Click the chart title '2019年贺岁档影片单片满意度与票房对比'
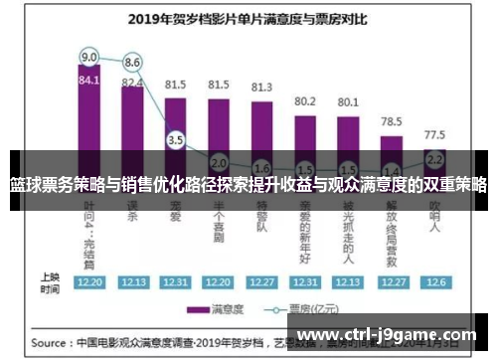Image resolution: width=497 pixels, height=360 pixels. coord(248,17)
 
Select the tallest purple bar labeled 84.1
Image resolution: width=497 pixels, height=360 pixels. coord(88,119)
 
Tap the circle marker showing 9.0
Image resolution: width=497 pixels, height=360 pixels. coord(88,57)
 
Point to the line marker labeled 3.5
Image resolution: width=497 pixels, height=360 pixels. coord(176,140)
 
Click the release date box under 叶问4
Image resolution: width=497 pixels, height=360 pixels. coord(88,282)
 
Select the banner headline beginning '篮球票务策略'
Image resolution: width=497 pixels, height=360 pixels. coord(248,185)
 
